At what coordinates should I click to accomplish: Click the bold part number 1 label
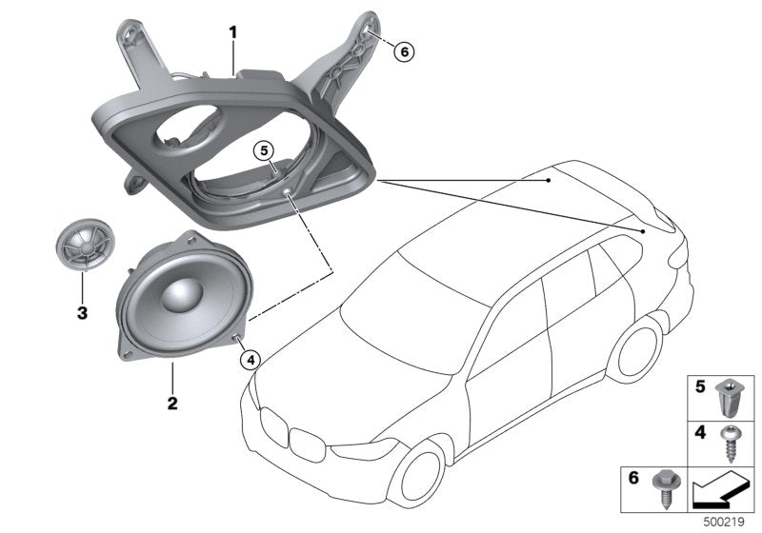tap(231, 33)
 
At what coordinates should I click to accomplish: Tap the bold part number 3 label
tap(82, 312)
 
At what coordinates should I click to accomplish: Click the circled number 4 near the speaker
tap(250, 359)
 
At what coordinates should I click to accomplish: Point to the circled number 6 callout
tap(403, 52)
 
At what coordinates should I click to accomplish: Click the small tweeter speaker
tap(81, 247)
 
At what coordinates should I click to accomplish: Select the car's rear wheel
tap(639, 351)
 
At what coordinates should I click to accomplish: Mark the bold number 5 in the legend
tap(698, 387)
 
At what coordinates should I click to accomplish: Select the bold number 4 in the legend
tap(698, 431)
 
